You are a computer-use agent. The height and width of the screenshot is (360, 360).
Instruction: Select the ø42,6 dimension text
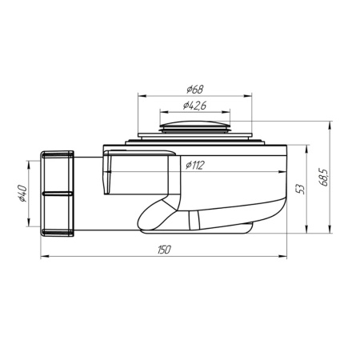tap(196, 104)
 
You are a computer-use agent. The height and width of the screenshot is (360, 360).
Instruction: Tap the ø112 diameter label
tap(196, 166)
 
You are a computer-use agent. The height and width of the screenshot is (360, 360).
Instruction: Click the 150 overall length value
tap(163, 250)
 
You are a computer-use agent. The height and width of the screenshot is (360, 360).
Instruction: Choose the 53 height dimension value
tap(300, 190)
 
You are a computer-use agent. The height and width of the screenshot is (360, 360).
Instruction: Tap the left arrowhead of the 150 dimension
tap(43, 257)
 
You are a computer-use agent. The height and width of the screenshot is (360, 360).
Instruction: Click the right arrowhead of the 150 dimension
tap(286, 257)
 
